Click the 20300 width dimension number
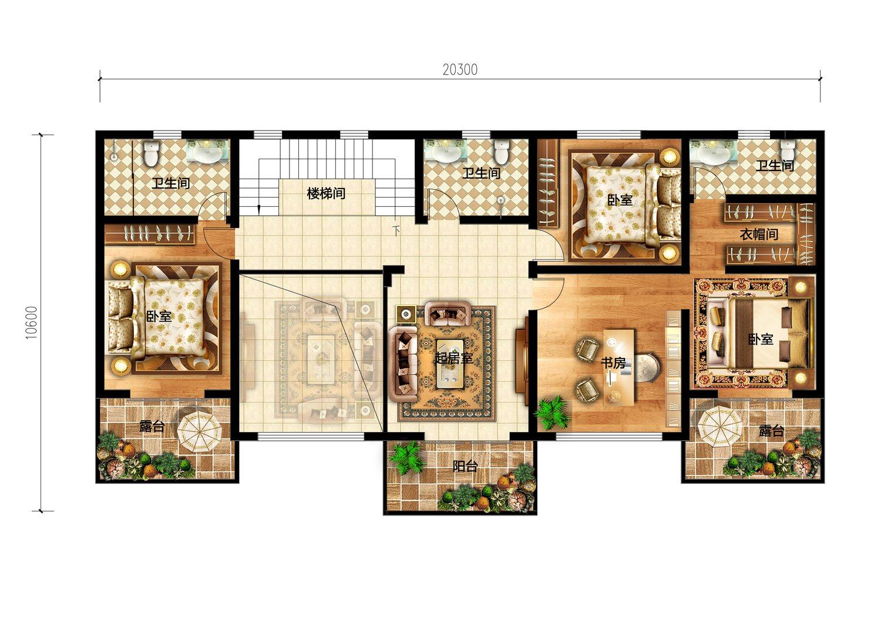(x=460, y=70)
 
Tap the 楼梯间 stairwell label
(x=326, y=193)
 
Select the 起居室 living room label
(x=453, y=358)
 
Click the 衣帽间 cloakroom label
(x=759, y=235)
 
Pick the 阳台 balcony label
(x=465, y=466)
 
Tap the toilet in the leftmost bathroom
(x=152, y=154)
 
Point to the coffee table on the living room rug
(x=454, y=364)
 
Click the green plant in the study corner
(x=553, y=413)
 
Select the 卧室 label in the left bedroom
(x=159, y=316)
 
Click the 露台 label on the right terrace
(x=771, y=431)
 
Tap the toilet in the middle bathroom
(x=501, y=153)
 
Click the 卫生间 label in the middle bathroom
(x=481, y=173)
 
